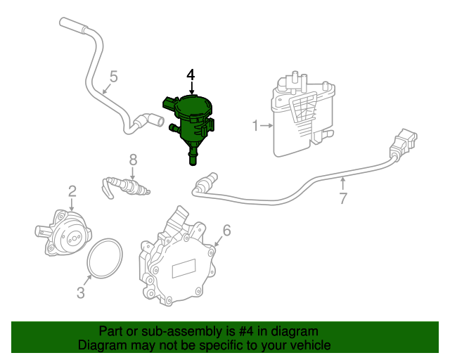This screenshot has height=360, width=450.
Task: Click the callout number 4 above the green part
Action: tap(191, 75)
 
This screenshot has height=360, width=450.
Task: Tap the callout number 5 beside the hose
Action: tap(114, 77)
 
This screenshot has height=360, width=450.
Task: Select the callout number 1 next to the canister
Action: tap(255, 126)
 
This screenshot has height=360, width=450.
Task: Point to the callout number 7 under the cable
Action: tap(343, 198)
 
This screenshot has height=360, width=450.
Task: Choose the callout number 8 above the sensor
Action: tap(133, 160)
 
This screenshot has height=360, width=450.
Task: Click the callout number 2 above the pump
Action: tap(72, 191)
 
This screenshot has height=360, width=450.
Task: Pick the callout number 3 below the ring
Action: tap(81, 292)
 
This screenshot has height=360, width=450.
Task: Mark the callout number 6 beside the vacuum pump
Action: tap(226, 230)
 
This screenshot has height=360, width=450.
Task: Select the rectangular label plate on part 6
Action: tap(184, 268)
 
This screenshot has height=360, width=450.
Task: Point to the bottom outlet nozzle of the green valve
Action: tap(193, 157)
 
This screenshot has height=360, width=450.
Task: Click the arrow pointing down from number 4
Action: tap(191, 87)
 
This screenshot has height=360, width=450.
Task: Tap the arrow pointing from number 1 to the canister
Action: tap(266, 125)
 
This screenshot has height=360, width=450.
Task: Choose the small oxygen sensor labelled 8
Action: tap(127, 186)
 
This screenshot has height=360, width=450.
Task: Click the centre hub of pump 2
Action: tap(73, 238)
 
